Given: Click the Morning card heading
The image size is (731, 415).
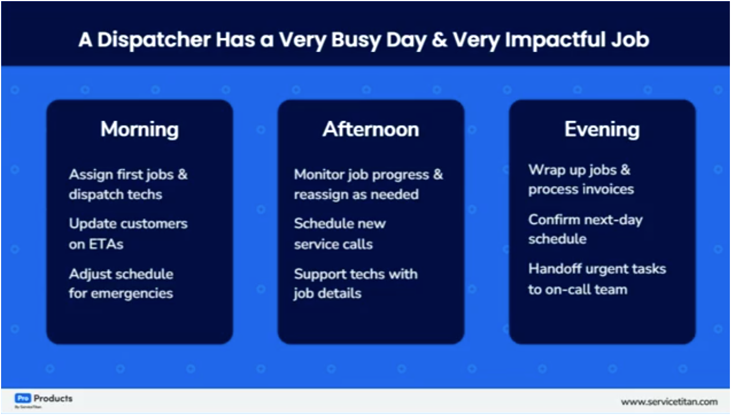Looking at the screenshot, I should pos(139,129).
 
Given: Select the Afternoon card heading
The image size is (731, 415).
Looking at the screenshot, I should pos(370,129).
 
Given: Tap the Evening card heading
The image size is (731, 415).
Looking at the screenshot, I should pos(602,129).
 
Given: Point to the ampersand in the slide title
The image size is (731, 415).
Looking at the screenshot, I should pos(439,40).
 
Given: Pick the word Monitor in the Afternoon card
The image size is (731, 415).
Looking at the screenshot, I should pos(320,174).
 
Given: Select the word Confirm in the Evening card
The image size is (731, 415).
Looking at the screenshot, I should pos(553,219).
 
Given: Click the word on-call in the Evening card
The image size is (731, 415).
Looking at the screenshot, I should pos(567,289).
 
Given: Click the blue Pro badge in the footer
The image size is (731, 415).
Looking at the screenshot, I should pos(22,398).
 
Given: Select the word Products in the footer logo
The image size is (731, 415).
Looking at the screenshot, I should pos(53,398).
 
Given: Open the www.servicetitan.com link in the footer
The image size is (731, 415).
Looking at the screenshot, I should pos(669,402).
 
